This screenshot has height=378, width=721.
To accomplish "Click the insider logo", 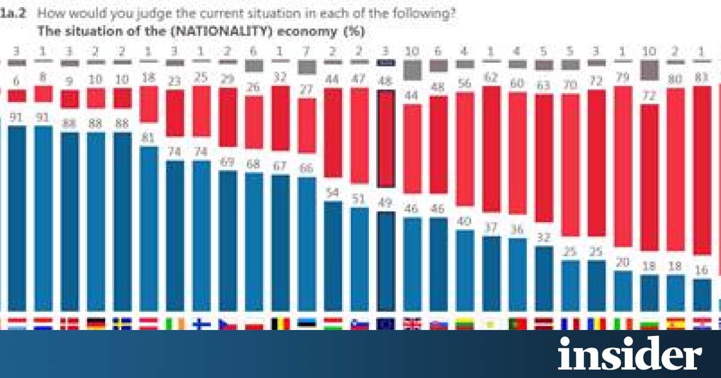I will pos(629,354).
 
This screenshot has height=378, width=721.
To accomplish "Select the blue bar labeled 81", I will pos(148,228).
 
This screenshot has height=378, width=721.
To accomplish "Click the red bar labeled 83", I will pos(701,170).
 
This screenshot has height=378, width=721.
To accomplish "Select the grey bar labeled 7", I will pos(306,67).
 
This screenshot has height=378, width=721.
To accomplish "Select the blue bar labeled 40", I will pos(464,270).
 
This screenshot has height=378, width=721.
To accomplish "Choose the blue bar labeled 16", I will pos(701,294).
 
